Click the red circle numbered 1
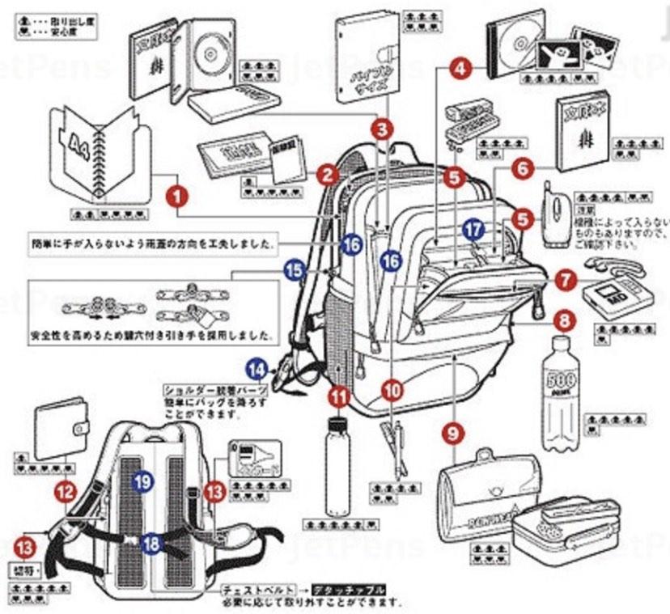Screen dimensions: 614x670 (x=176, y=195)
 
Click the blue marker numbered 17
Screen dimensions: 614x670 (x=475, y=230)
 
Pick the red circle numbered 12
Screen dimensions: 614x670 (x=65, y=489)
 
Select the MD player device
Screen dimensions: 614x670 (x=616, y=295)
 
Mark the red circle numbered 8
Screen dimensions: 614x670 (x=566, y=320)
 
